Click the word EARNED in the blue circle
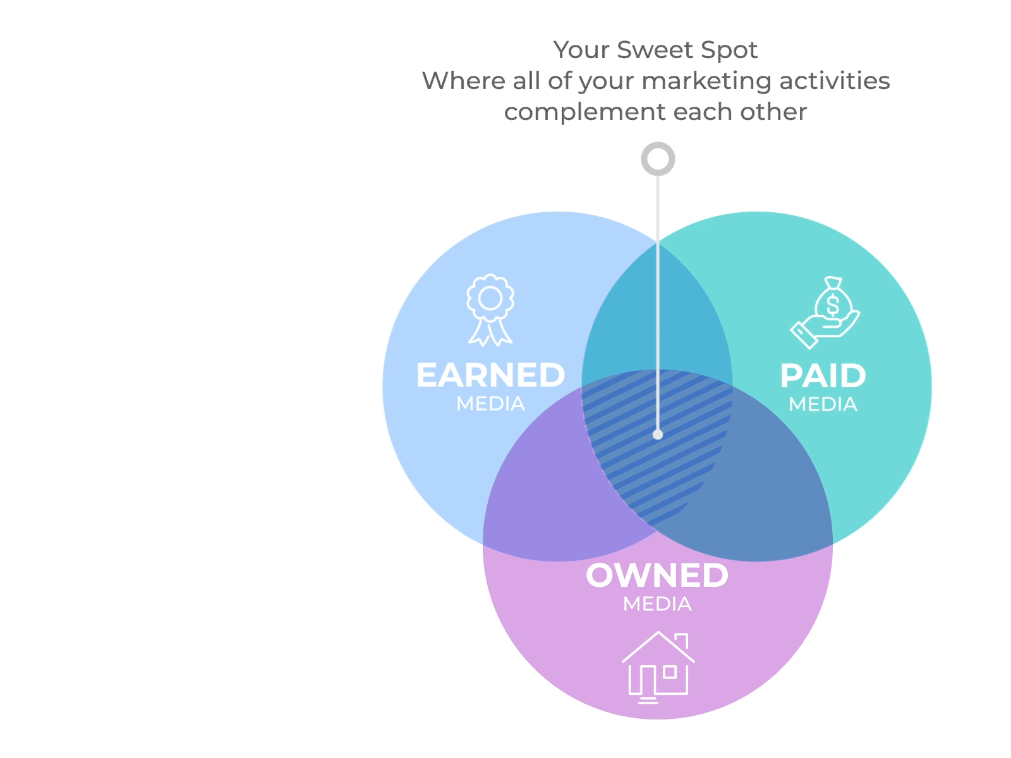(x=490, y=376)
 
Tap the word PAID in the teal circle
(x=823, y=376)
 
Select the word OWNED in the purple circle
(x=657, y=575)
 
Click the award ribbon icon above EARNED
(x=490, y=310)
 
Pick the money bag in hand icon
(x=825, y=313)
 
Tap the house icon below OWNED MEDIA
(x=658, y=667)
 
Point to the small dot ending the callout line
(x=658, y=435)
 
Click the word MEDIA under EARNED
(x=490, y=404)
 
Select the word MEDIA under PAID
(x=823, y=404)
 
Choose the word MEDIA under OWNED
(x=657, y=605)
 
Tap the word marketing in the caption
(x=706, y=81)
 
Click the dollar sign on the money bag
(x=832, y=304)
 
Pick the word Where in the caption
(x=464, y=81)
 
